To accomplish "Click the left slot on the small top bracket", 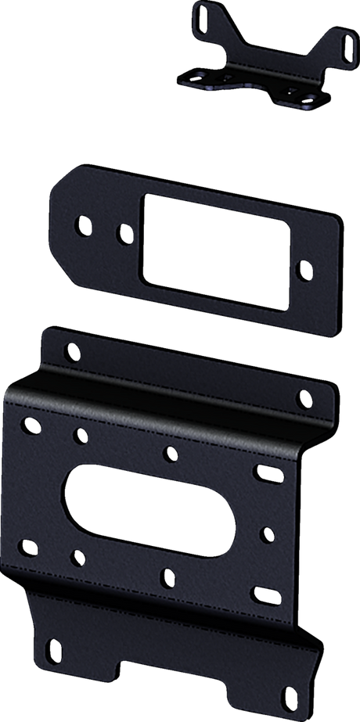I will pyautogui.click(x=200, y=16).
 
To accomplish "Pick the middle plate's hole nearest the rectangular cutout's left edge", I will pyautogui.click(x=123, y=232).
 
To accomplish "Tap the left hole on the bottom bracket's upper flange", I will pyautogui.click(x=71, y=354).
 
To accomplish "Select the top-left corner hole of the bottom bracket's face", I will pyautogui.click(x=31, y=426).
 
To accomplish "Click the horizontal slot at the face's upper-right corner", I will pyautogui.click(x=265, y=470).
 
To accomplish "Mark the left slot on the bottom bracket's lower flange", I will pyautogui.click(x=55, y=648).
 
